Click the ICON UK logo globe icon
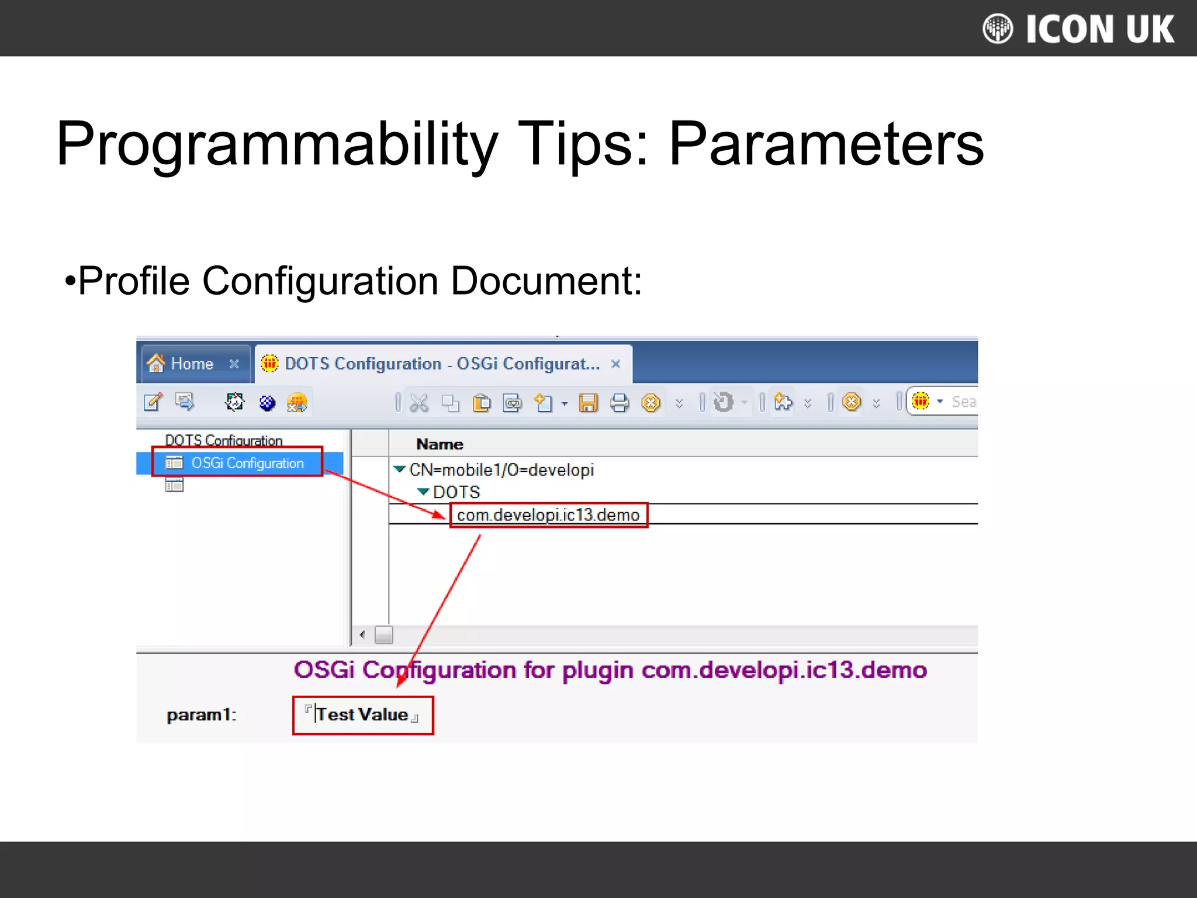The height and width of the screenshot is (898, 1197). click(x=997, y=29)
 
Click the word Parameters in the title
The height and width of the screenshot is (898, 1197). click(x=826, y=144)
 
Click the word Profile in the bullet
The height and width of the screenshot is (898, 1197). click(x=133, y=281)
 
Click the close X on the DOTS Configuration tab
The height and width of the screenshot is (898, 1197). click(x=615, y=364)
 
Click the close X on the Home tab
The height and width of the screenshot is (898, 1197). click(x=234, y=364)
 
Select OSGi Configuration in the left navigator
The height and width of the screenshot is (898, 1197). click(x=247, y=463)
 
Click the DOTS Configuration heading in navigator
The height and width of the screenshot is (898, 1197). click(x=223, y=440)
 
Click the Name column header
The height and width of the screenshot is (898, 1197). click(x=440, y=444)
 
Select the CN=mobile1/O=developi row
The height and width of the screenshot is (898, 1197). click(x=501, y=470)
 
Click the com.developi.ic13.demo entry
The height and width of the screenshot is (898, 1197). click(x=548, y=515)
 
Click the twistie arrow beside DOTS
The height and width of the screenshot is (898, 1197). click(x=423, y=492)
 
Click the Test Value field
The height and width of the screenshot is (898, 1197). click(x=362, y=714)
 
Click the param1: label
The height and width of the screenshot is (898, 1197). click(x=201, y=715)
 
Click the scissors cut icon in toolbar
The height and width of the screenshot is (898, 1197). click(x=419, y=403)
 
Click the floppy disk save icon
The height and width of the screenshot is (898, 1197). click(x=588, y=403)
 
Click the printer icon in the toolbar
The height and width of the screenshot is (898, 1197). click(x=620, y=403)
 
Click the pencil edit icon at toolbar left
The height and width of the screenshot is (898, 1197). click(x=153, y=402)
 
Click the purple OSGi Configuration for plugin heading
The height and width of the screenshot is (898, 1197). click(x=610, y=670)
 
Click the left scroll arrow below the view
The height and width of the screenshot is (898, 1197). click(x=362, y=635)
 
